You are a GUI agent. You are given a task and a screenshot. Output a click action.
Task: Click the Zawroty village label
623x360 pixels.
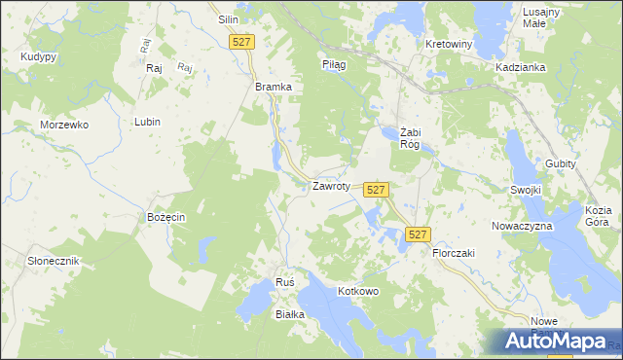click(330, 186)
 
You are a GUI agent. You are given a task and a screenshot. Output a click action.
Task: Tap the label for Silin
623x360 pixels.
click(229, 19)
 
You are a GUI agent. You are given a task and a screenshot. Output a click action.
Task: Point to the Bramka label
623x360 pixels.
click(274, 87)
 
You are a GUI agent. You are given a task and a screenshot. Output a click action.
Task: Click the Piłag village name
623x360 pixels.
click(334, 63)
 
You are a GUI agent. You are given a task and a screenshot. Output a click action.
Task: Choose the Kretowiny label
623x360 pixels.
click(449, 45)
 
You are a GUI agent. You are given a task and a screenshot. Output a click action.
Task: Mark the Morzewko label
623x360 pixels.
click(64, 126)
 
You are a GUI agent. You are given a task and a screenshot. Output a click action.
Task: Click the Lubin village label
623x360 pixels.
click(148, 122)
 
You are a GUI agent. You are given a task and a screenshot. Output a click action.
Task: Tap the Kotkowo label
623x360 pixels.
click(357, 291)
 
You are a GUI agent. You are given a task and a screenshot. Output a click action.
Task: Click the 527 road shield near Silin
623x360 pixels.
click(242, 42)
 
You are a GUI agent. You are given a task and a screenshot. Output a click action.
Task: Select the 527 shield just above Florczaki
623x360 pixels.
click(417, 234)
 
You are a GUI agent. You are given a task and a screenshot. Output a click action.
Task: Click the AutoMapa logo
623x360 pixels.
click(553, 341)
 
